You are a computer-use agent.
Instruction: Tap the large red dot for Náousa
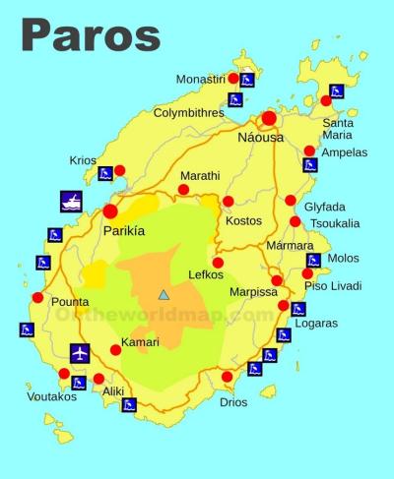269,118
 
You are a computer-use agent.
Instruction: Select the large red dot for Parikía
110,210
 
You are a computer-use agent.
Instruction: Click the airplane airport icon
81,352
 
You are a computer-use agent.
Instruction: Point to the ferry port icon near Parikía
71,201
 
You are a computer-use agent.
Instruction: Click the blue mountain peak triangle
164,294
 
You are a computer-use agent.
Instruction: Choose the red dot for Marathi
183,190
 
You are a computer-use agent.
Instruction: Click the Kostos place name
243,220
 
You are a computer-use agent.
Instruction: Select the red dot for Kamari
116,349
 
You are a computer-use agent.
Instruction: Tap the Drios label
233,402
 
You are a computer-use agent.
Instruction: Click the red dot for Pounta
37,297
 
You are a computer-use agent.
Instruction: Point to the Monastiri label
201,79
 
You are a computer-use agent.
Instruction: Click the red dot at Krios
120,170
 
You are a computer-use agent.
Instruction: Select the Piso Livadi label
333,286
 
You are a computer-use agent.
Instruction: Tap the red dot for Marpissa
277,280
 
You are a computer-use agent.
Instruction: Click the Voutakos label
51,398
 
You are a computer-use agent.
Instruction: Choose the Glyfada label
324,207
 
